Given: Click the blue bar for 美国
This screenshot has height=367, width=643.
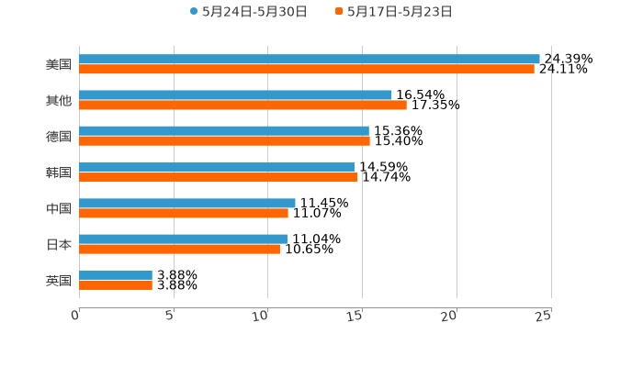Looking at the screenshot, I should point(310,60).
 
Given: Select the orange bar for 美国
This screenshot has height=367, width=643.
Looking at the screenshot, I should point(307,70).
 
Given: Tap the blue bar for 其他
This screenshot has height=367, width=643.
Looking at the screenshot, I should point(235,95).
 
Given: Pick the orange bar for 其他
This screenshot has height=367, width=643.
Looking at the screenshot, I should point(243,106).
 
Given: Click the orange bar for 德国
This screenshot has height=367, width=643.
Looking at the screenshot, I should point(224,141).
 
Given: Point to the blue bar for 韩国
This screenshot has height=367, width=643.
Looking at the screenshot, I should point(217,167).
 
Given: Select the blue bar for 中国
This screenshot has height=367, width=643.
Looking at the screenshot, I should point(187,203).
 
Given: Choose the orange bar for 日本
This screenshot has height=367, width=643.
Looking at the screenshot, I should point(179,249).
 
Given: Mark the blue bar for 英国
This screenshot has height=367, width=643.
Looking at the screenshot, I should point(116,274).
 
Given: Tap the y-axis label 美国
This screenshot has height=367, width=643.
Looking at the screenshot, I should point(58,65).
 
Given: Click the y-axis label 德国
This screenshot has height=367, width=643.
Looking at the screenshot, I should point(58,137).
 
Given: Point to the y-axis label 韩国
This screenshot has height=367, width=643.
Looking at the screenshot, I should point(58,172).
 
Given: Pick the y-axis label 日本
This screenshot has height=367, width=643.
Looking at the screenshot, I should point(58,244).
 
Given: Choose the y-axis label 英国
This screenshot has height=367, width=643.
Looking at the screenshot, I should point(58,280).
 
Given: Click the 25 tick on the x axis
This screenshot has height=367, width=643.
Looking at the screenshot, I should point(544,316).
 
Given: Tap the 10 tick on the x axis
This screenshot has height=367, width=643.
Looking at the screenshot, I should point(261,316).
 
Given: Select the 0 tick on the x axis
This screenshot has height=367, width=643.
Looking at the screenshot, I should point(75,316).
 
